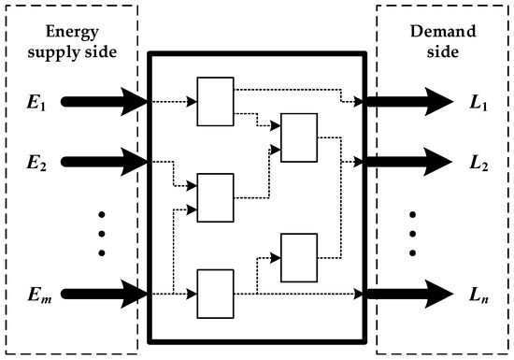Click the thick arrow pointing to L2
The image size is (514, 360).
[x=406, y=160]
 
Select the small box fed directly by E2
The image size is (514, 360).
[x=215, y=198]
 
